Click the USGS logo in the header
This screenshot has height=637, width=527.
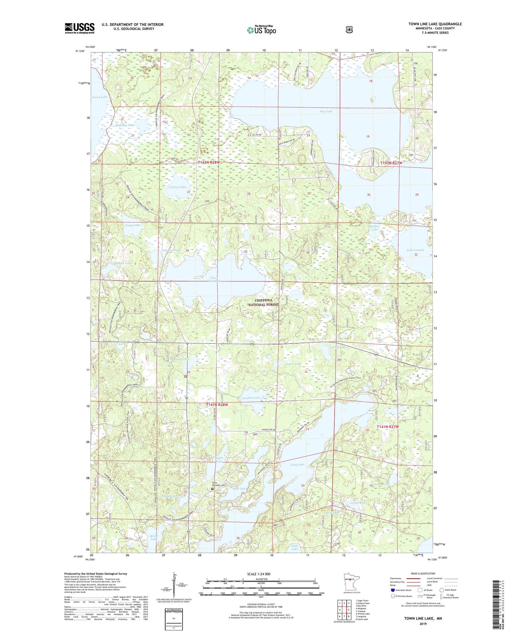point(80,28)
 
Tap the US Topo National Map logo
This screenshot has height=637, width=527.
point(261,30)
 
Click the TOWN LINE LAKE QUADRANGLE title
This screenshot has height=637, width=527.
point(435,24)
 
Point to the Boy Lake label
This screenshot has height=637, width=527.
point(326,111)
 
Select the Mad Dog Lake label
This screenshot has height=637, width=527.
point(125,125)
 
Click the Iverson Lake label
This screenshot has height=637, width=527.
point(178,187)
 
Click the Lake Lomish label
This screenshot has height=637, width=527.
point(415,250)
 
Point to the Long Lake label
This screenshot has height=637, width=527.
point(297,464)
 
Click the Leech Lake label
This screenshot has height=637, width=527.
point(100,97)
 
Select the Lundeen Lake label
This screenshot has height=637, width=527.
point(251,398)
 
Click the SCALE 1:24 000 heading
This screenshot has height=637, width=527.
point(259,574)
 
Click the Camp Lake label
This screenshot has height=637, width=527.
point(132,225)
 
